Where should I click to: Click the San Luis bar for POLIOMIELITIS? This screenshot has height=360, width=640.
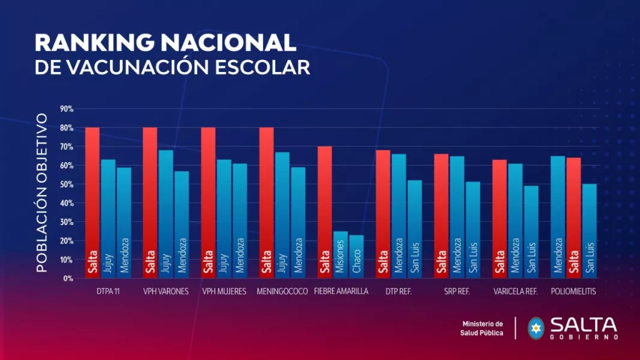coord(590,231)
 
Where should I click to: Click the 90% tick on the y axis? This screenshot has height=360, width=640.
coord(66,109)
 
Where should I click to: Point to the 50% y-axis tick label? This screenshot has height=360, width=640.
coord(66,184)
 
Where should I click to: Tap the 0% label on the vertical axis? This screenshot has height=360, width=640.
coord(68,278)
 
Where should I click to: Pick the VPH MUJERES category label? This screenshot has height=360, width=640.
coord(223,292)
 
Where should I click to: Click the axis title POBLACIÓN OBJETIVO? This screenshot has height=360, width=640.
coord(41,192)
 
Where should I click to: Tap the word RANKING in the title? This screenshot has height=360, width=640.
coord(92,43)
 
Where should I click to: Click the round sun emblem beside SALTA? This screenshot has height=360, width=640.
coord(536,328)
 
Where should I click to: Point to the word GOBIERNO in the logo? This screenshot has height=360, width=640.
coord(584,337)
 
